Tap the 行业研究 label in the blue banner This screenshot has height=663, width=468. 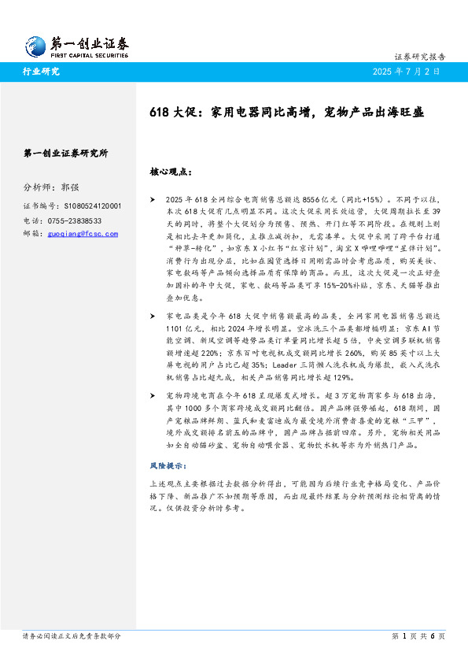click(x=40, y=72)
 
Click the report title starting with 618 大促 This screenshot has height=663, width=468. click(x=286, y=113)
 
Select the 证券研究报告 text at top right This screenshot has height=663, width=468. click(x=419, y=57)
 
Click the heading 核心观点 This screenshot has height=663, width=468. click(x=169, y=170)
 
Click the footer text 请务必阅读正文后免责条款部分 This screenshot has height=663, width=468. click(x=72, y=635)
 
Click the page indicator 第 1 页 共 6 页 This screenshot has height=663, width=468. click(x=418, y=635)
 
